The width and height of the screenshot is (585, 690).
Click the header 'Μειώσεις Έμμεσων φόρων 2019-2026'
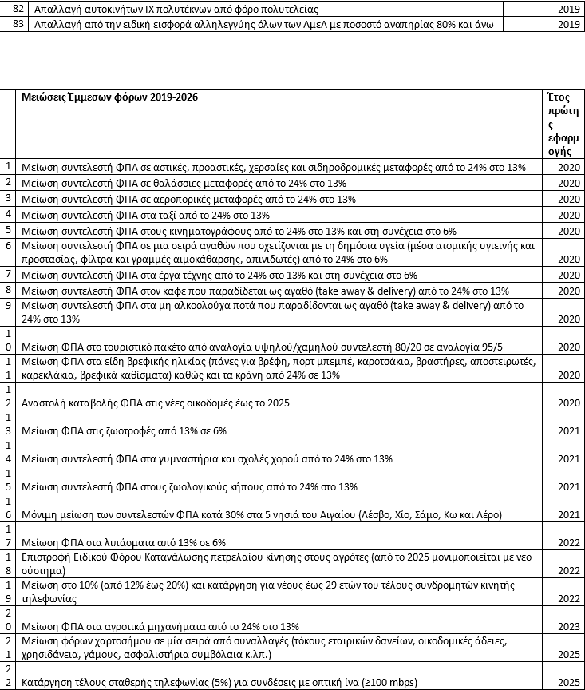point(110,97)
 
